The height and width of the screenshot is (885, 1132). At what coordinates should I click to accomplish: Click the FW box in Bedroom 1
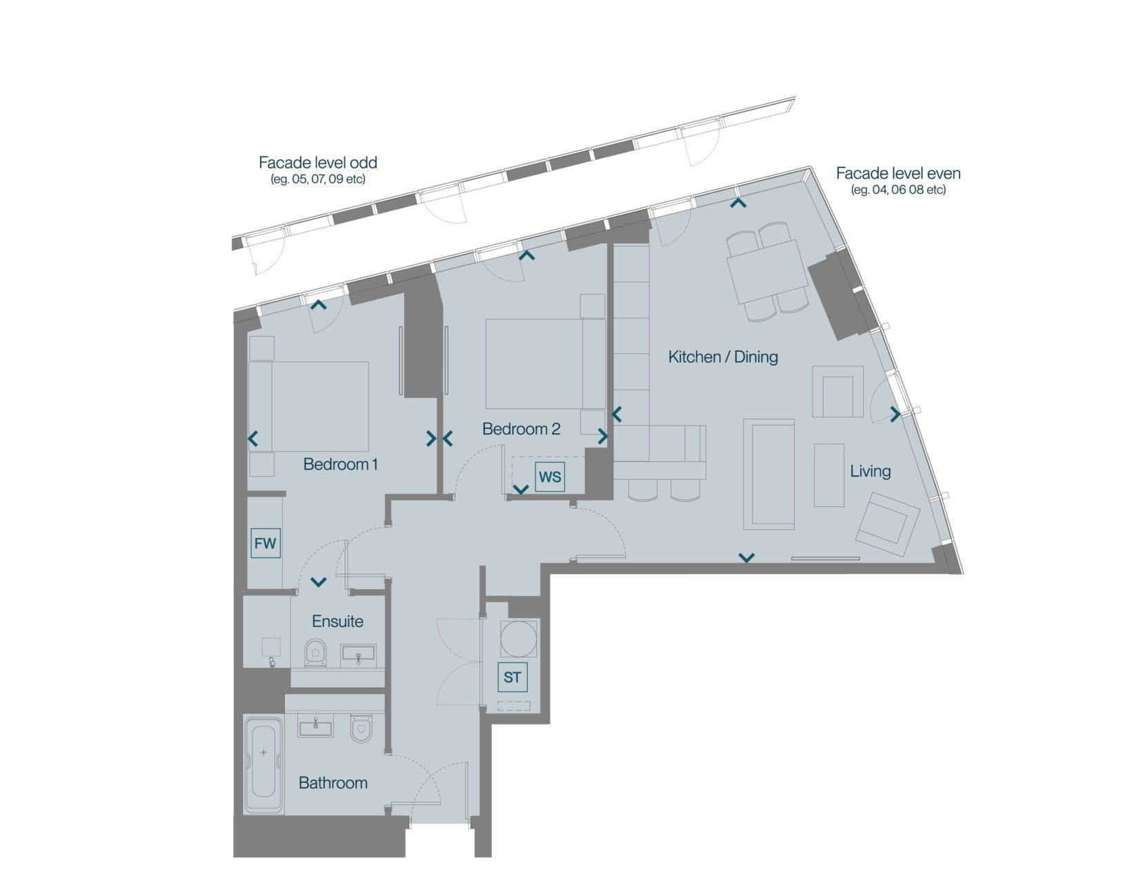[x=265, y=544]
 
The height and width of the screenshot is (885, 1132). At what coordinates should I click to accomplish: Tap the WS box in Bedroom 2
[x=550, y=476]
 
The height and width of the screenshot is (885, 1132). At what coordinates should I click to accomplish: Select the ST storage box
[x=512, y=677]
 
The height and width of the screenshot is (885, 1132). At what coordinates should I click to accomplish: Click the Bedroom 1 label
[x=340, y=464]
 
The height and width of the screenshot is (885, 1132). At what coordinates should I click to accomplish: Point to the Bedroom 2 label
[x=521, y=428]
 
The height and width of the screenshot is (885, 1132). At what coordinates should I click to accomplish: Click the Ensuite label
[x=337, y=621]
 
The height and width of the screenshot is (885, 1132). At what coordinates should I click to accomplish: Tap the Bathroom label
[x=333, y=782]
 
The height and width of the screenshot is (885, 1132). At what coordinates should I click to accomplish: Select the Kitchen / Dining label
[x=722, y=357]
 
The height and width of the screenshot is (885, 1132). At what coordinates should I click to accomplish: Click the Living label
[x=870, y=471]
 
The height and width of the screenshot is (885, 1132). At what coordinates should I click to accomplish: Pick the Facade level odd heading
[x=318, y=163]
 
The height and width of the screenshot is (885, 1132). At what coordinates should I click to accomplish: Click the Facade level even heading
[x=898, y=173]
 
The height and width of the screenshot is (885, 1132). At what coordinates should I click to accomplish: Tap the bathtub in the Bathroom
[x=264, y=766]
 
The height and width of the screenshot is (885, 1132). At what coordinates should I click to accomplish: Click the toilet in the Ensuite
[x=315, y=651]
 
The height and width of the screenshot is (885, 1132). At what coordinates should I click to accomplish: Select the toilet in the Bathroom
[x=361, y=728]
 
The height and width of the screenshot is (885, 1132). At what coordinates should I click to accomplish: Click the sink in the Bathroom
[x=315, y=725]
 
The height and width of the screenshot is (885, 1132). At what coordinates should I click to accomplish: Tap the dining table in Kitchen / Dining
[x=767, y=271]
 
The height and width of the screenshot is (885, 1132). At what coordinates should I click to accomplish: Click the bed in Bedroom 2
[x=545, y=364]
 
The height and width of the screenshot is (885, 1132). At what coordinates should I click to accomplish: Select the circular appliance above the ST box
[x=518, y=638]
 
